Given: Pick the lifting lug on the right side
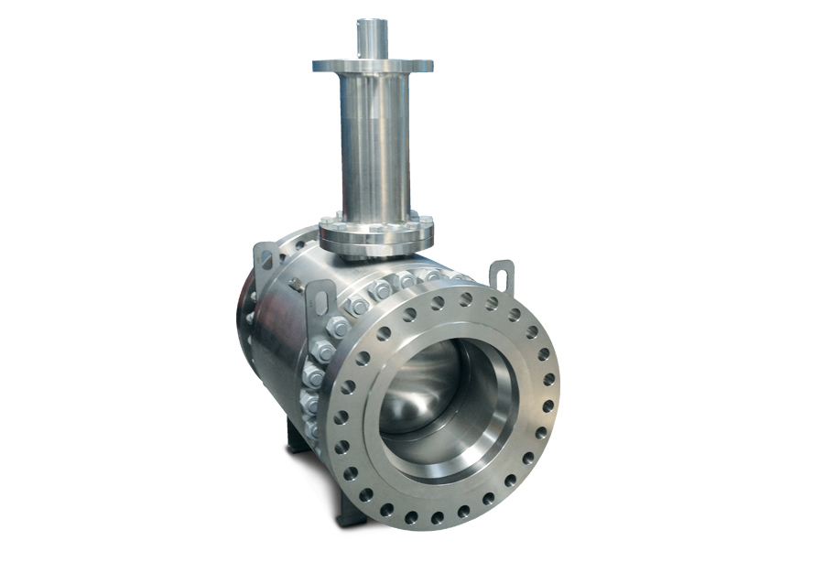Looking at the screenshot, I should (501, 275).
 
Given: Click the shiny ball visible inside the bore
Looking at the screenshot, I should (417, 384).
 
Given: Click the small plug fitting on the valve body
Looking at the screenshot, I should (296, 285).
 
